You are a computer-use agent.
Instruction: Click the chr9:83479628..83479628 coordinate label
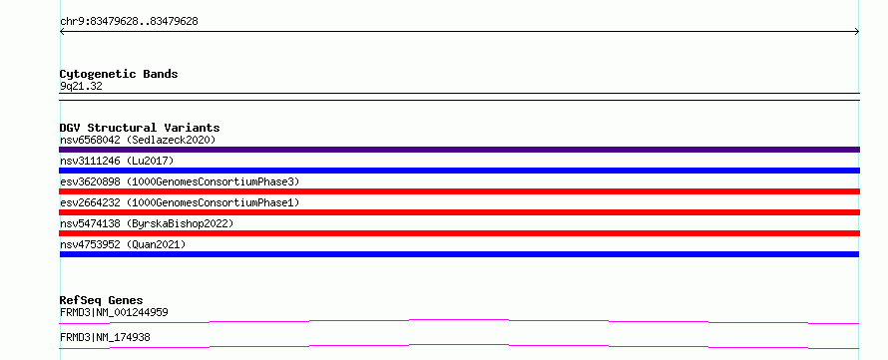(129, 22)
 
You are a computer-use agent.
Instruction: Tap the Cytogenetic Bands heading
(119, 74)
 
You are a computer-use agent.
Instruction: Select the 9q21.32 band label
(81, 87)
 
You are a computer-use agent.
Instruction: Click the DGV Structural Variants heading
(140, 128)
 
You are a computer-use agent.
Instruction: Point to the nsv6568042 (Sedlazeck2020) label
(138, 140)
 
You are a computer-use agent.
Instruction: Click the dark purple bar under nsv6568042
(459, 150)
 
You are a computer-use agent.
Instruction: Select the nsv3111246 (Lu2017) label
(117, 161)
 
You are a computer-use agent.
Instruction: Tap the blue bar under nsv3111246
(459, 171)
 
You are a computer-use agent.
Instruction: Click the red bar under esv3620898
(459, 191)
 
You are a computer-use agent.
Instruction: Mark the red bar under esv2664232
(459, 212)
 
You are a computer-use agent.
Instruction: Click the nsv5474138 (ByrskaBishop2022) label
(147, 223)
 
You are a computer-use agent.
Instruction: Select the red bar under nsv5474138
(459, 233)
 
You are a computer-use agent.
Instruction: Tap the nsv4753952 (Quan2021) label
(123, 244)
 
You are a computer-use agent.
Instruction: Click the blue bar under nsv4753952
(459, 254)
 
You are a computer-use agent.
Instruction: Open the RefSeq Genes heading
(102, 300)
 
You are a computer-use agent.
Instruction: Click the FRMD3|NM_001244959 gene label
(114, 312)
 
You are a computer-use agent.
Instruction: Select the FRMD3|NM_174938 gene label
(105, 338)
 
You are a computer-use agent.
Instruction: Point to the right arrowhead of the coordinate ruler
(858, 32)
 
